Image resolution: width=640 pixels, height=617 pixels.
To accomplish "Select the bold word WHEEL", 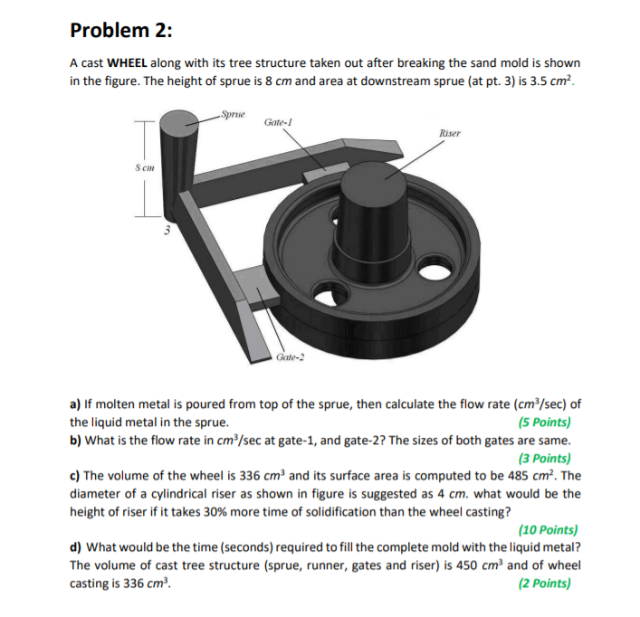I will [132, 64].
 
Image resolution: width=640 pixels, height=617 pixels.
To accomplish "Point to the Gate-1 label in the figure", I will [279, 122].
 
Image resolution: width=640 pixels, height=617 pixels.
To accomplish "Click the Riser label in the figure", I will [450, 134].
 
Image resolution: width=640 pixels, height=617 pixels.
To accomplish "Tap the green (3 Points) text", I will [543, 458].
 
